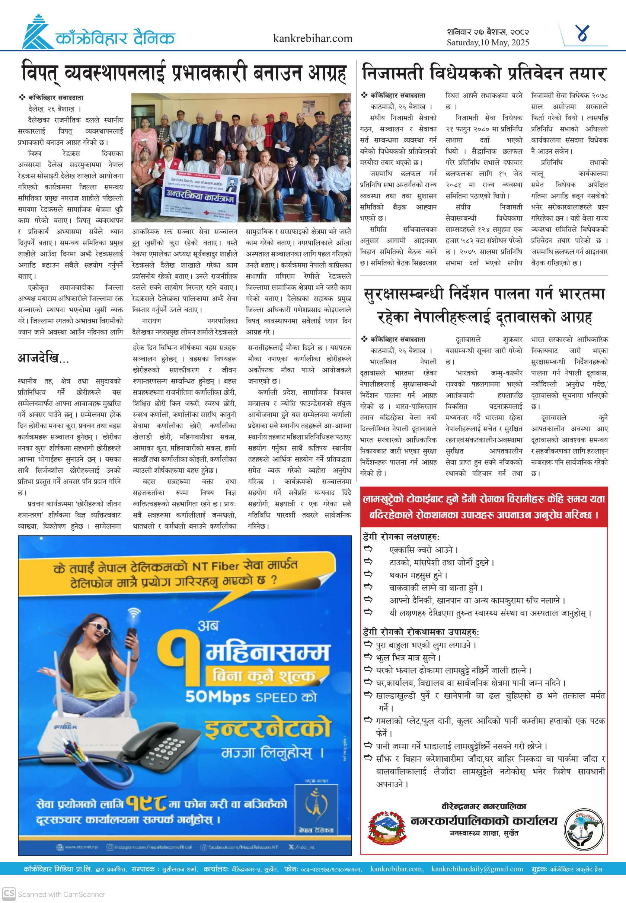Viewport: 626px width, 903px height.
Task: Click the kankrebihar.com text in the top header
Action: (x=313, y=38)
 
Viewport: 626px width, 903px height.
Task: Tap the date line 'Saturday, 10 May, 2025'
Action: (x=488, y=43)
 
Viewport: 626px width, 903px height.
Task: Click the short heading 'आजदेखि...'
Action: (x=43, y=358)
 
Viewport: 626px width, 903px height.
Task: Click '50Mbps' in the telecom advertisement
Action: (x=218, y=696)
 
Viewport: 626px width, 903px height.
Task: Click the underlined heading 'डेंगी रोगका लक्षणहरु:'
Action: (x=401, y=537)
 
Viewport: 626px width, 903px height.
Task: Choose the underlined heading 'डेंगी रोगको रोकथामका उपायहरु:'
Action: (x=421, y=632)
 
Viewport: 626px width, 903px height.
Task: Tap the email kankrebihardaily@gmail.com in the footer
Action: (x=477, y=869)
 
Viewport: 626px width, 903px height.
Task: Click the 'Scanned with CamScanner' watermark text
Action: (x=61, y=894)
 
